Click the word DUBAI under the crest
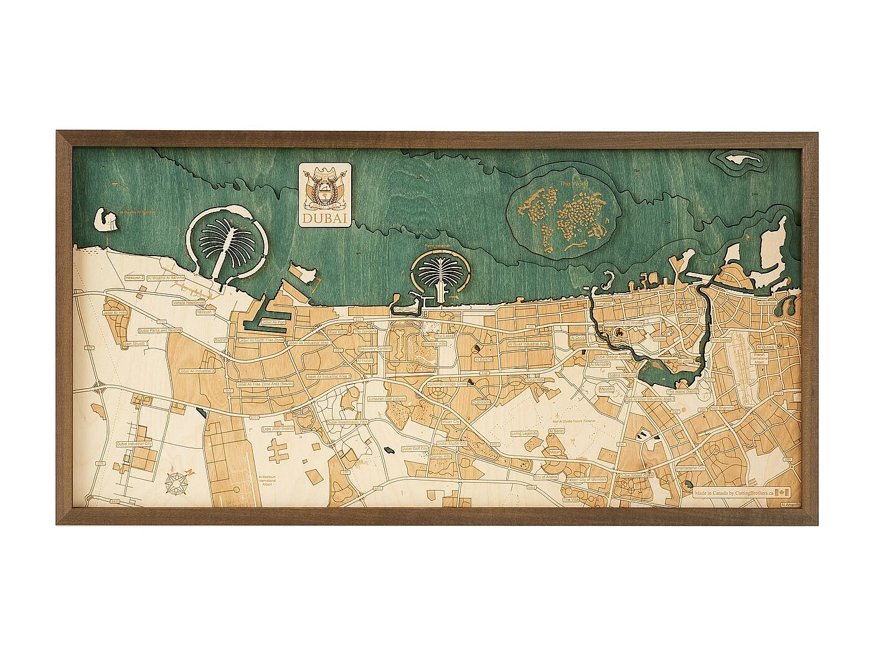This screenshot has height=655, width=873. [x=325, y=219]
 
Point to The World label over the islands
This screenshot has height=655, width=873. [x=572, y=184]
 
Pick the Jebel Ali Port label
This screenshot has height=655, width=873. [x=273, y=322]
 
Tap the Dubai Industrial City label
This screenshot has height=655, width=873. [x=134, y=444]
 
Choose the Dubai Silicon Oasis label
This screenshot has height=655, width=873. [x=636, y=475]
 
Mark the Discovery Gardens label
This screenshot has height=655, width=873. [x=374, y=348]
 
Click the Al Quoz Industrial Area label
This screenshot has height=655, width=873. [x=529, y=343]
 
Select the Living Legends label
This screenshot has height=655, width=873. [x=524, y=434]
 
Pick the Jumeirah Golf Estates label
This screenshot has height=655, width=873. [x=386, y=398]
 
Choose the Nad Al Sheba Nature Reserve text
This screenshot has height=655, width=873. [x=573, y=421]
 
